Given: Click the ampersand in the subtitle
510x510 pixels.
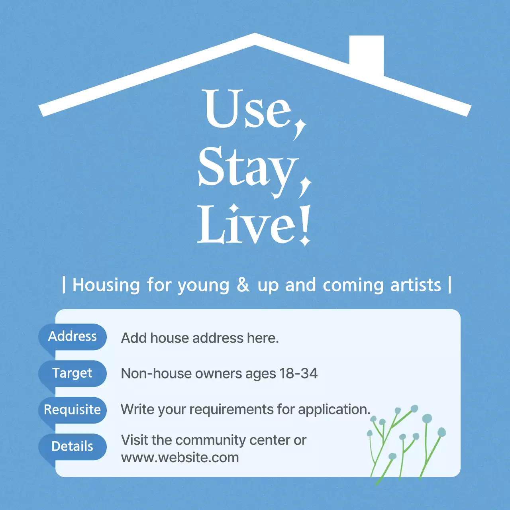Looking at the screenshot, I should [x=243, y=285].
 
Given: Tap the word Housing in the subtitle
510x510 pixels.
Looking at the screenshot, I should [x=106, y=285].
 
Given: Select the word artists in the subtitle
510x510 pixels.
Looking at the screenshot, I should [x=416, y=285].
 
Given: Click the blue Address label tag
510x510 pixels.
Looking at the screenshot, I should [x=73, y=337].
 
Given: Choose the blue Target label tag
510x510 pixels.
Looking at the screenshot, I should [x=73, y=373].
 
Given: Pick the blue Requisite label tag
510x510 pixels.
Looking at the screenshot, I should [x=73, y=410].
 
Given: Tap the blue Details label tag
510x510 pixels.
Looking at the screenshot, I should [x=73, y=446].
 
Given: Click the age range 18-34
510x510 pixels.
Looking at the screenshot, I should [x=298, y=374].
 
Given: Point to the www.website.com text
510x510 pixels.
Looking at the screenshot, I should [x=180, y=457].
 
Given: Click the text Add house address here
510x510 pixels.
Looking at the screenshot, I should [x=200, y=338].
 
